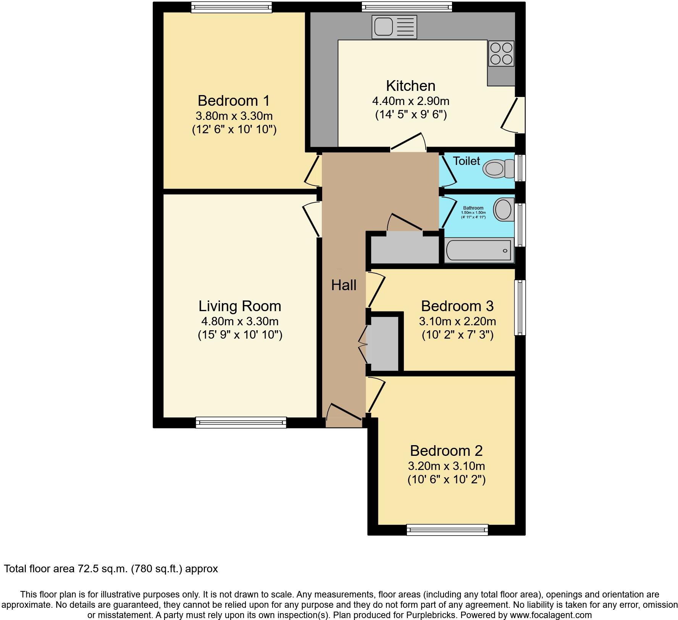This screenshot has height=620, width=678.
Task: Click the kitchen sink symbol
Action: coord(394,27)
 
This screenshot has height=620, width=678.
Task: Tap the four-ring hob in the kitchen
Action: coord(501,53)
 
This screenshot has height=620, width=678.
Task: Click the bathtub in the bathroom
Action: coord(479,250)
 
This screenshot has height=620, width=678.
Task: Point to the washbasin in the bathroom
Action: coord(504,209)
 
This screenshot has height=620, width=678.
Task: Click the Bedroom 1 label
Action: coord(234,101)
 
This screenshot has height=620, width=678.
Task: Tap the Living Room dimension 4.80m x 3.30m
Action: coord(240,321)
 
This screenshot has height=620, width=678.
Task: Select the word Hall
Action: coord(344,285)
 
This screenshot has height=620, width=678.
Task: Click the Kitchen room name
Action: coord(410,86)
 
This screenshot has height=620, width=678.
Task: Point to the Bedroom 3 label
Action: coord(457,306)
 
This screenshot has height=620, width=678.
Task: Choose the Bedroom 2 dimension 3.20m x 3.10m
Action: coord(446,466)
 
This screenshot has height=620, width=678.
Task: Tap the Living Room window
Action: coord(241,422)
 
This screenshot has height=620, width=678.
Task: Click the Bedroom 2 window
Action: coord(447,530)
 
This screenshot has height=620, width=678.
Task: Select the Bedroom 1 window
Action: coord(231,7)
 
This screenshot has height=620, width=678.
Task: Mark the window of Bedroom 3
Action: coord(520,307)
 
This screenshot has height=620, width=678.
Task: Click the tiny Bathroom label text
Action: coord(473,208)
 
